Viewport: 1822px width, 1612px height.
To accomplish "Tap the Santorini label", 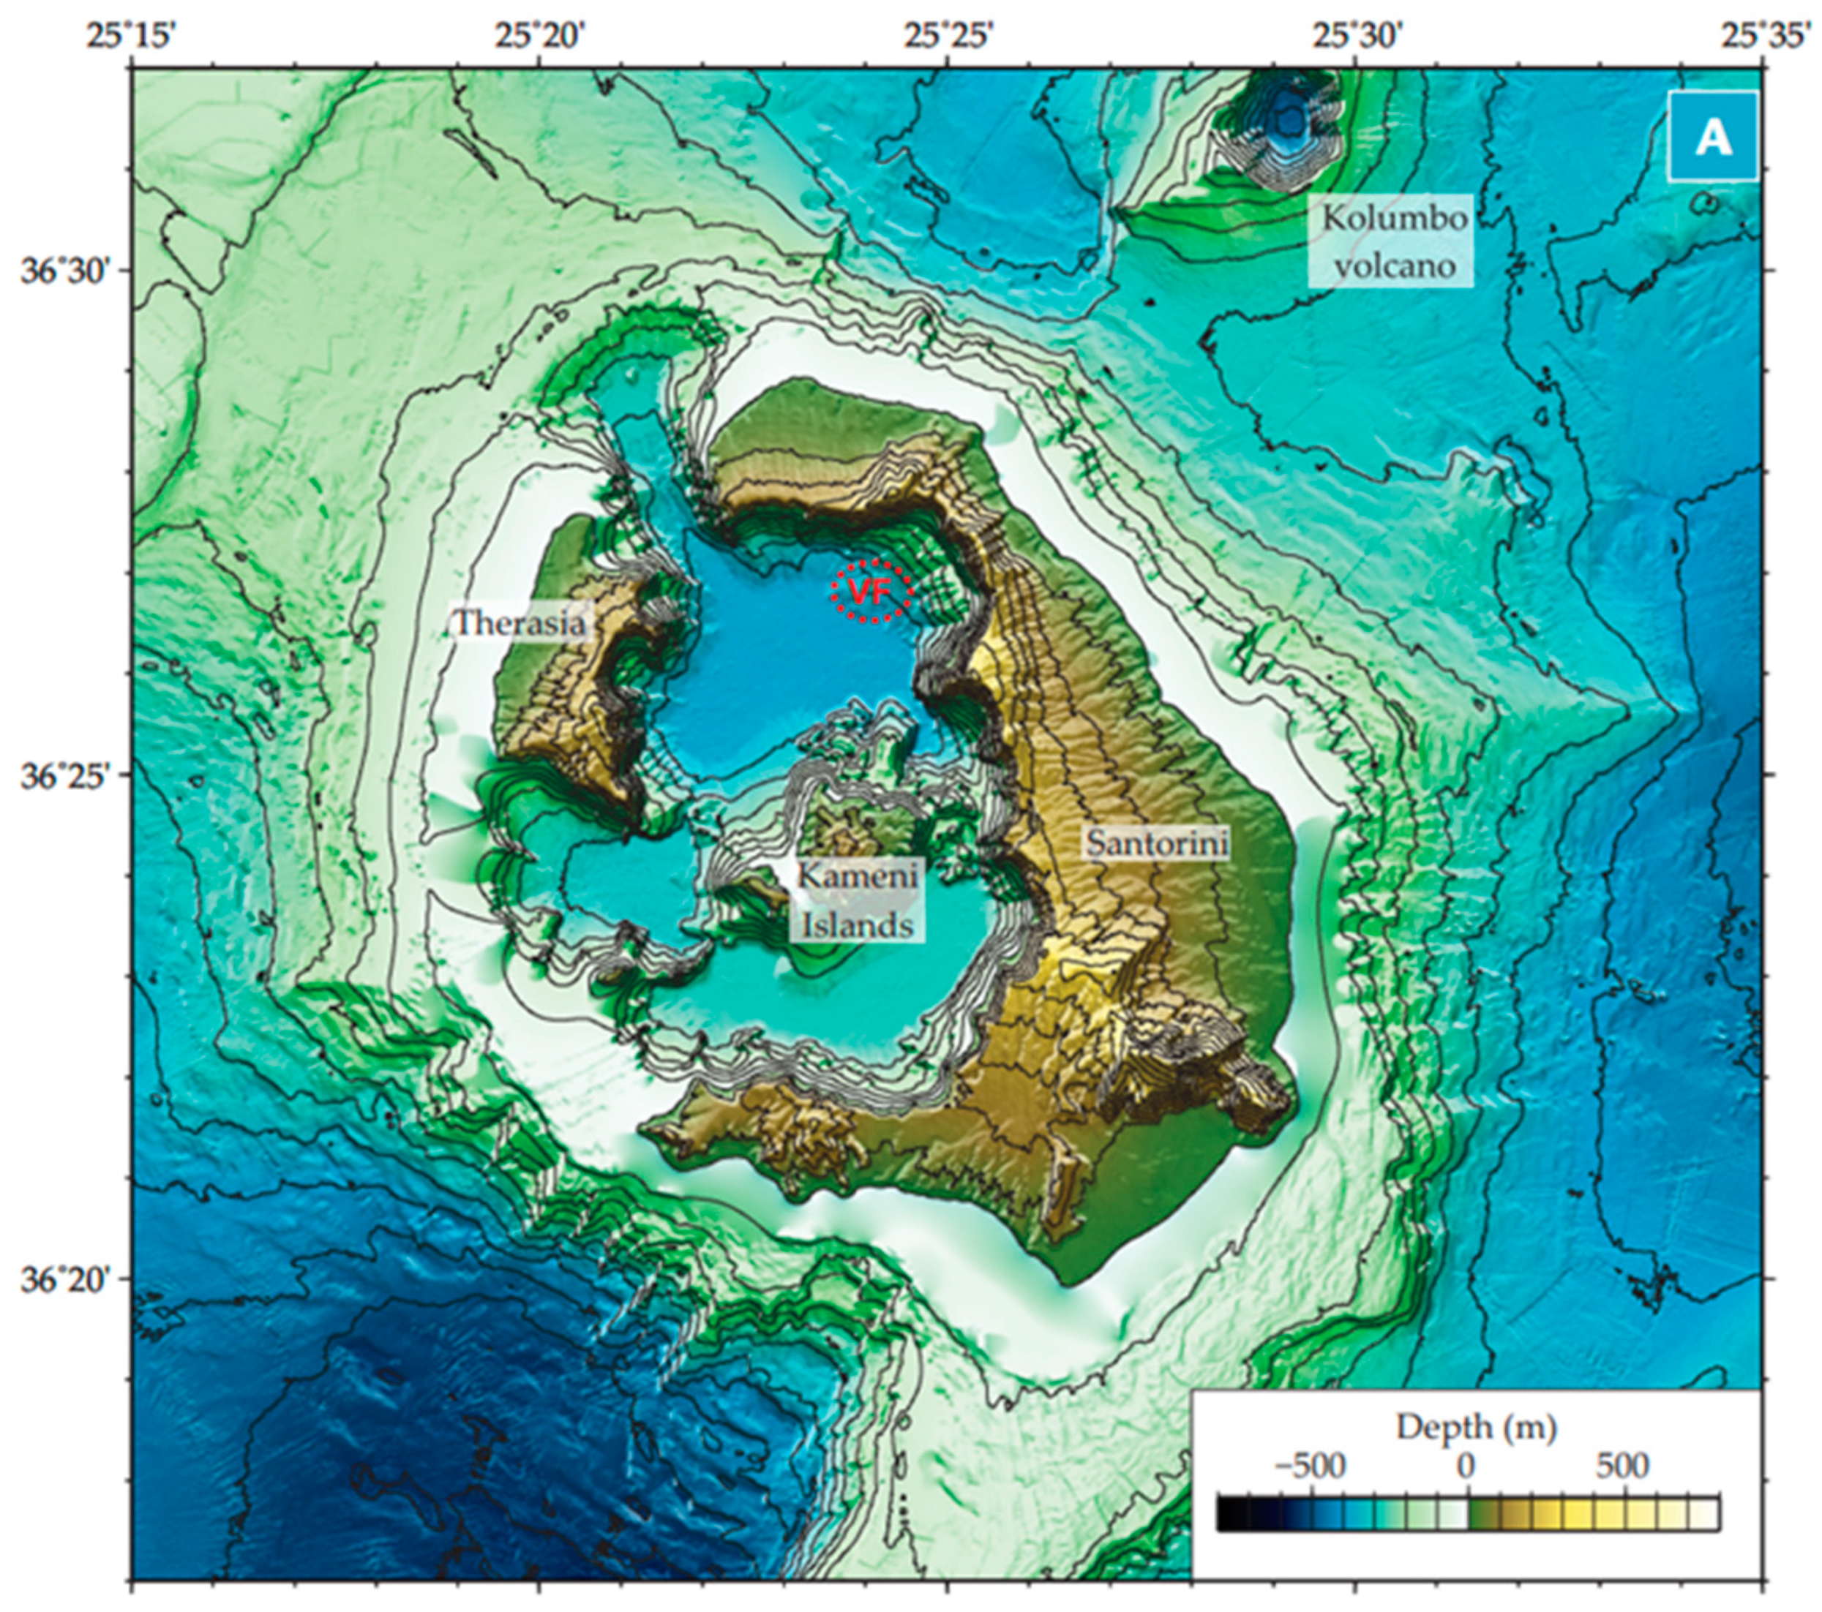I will (x=1157, y=842).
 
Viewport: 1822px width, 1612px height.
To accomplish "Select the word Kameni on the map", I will (x=857, y=875).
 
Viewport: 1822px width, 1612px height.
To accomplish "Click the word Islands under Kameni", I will (x=858, y=925).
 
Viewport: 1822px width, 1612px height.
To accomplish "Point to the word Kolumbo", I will (x=1394, y=218).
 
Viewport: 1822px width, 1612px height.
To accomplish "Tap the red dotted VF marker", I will (x=871, y=591).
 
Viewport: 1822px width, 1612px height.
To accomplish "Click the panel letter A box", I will (x=1712, y=136).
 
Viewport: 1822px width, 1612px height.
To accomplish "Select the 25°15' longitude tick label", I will (x=131, y=37).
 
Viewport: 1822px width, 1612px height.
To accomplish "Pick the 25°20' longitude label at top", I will (x=539, y=37).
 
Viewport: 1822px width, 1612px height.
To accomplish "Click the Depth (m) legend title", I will (x=1476, y=1427).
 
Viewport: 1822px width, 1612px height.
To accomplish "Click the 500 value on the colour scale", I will (x=1622, y=1466).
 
